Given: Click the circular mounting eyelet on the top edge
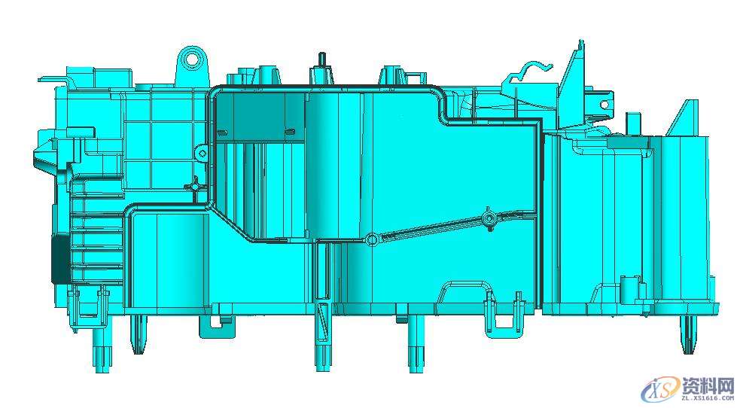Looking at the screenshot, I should pyautogui.click(x=192, y=58).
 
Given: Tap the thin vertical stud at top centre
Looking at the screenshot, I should pyautogui.click(x=321, y=59).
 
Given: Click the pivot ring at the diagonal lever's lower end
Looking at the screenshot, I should pyautogui.click(x=371, y=239).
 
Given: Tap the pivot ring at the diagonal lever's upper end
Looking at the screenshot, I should pyautogui.click(x=489, y=218).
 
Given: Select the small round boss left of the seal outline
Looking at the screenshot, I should pyautogui.click(x=202, y=154).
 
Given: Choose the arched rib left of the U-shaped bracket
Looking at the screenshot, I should pyautogui.click(x=462, y=294).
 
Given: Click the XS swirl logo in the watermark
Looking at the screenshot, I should pyautogui.click(x=659, y=390).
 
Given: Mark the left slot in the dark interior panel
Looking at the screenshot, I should pyautogui.click(x=224, y=134).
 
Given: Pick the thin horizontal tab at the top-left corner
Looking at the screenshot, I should pyautogui.click(x=51, y=77).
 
